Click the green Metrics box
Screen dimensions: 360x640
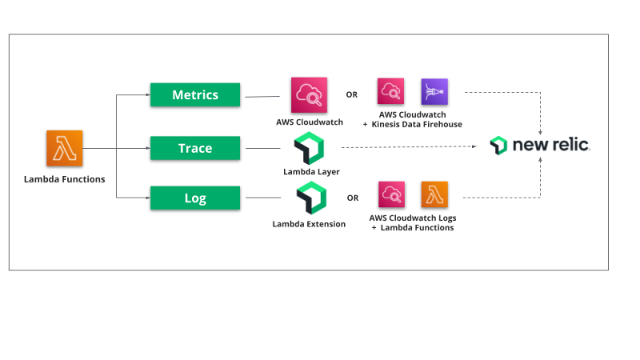(195, 95)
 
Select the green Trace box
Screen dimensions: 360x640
(195, 148)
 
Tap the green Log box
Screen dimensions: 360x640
(195, 198)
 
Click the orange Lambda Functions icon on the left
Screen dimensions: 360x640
(64, 150)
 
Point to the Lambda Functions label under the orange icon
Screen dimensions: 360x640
(64, 179)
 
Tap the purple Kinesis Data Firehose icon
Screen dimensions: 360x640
(434, 92)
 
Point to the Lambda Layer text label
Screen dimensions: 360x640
(310, 172)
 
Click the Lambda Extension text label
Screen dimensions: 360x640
(309, 224)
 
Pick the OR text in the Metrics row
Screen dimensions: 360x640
(352, 94)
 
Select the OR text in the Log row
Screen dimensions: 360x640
(352, 198)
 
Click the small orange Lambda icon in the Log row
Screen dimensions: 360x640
(434, 194)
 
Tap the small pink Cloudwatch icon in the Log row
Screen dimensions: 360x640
(391, 194)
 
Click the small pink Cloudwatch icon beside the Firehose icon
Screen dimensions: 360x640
(391, 92)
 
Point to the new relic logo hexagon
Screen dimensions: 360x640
(498, 146)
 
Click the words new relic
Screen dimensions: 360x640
(551, 146)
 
